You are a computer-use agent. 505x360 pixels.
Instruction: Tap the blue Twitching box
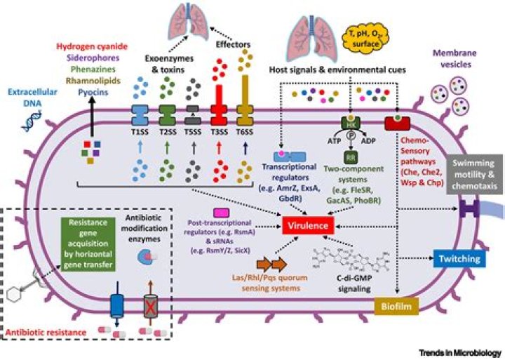(x=459, y=259)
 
